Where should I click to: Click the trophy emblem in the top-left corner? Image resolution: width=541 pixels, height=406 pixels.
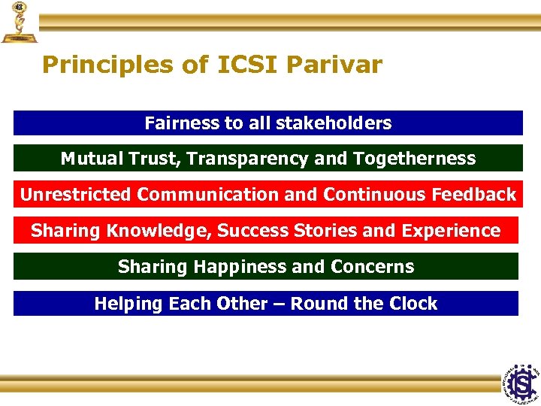pyautogui.click(x=18, y=22)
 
